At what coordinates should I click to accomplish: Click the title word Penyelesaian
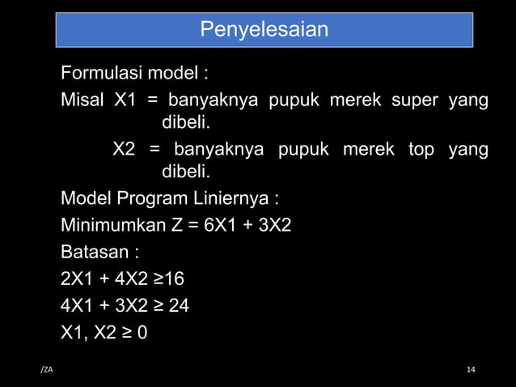(x=264, y=30)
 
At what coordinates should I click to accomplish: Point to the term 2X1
(x=78, y=280)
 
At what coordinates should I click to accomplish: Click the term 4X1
(x=78, y=307)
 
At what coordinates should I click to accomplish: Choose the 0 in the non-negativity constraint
(x=142, y=333)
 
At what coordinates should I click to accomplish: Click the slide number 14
(x=471, y=370)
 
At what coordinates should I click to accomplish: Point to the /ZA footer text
(x=46, y=370)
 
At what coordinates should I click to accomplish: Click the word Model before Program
(x=87, y=199)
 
